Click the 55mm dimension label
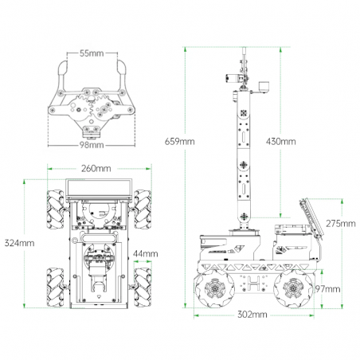click(x=92, y=53)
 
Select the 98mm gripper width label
click(x=92, y=145)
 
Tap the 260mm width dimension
click(x=96, y=168)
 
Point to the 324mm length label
click(x=19, y=243)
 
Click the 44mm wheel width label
click(x=146, y=254)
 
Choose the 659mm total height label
click(x=180, y=141)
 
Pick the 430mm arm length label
click(x=281, y=141)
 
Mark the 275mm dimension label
click(x=341, y=224)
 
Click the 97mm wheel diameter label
click(x=327, y=289)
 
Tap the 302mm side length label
click(x=252, y=315)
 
